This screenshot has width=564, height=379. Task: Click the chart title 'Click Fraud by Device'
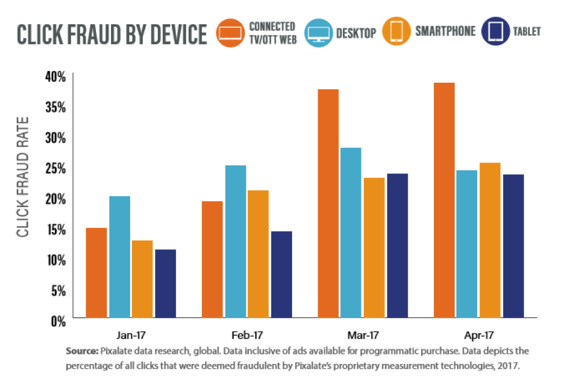point(112,35)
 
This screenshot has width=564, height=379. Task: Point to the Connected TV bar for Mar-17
point(328,203)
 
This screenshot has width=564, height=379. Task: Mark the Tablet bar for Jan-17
point(165,283)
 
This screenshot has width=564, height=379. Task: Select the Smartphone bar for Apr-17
point(490,240)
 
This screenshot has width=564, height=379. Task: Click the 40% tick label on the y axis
point(56,76)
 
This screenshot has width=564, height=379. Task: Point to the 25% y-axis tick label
point(56,168)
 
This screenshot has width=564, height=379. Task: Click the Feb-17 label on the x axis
point(247,335)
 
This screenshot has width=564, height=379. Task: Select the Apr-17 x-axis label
point(478,335)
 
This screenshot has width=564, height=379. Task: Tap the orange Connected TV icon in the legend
point(230,32)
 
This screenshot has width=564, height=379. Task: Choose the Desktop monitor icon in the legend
point(318,32)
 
